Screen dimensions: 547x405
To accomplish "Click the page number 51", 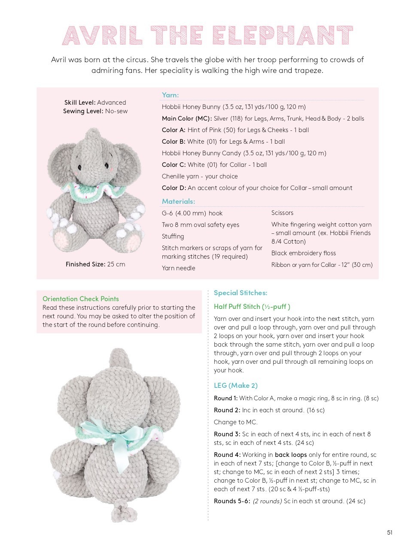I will point(390,533).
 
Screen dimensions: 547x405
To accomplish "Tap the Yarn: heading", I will point(170,95).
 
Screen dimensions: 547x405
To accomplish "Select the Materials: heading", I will point(178,201).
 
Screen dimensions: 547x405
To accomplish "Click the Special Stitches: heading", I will point(240,293).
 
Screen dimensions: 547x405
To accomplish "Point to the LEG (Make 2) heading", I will point(235,385).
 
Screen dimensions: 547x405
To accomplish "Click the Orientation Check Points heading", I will point(81,299).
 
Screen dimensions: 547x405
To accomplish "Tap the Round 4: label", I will point(227,455).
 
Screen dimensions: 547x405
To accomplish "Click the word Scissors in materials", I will point(282,213).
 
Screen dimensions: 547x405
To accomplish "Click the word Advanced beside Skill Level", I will point(112,103).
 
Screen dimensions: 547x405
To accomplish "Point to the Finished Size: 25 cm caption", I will point(95,264).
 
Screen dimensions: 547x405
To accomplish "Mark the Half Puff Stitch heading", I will point(252,306).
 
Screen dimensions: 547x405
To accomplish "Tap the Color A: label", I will point(174,130).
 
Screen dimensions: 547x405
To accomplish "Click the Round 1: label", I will point(225,398).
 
